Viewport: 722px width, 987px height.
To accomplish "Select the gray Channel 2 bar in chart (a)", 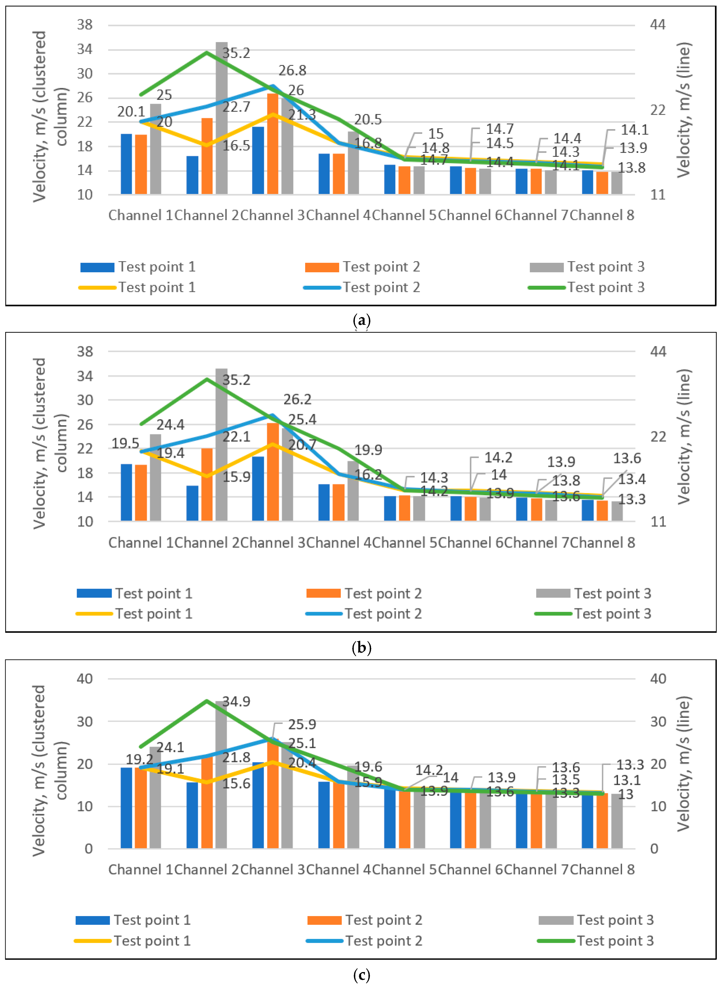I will pyautogui.click(x=222, y=118).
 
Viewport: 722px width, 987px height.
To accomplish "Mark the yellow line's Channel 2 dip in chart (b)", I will pyautogui.click(x=207, y=476).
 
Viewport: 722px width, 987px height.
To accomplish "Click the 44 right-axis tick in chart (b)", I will pyautogui.click(x=658, y=351).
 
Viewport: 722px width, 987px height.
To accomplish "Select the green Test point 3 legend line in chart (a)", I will pyautogui.click(x=547, y=288).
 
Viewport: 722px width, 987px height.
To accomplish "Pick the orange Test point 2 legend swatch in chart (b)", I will pyautogui.click(x=323, y=593).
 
